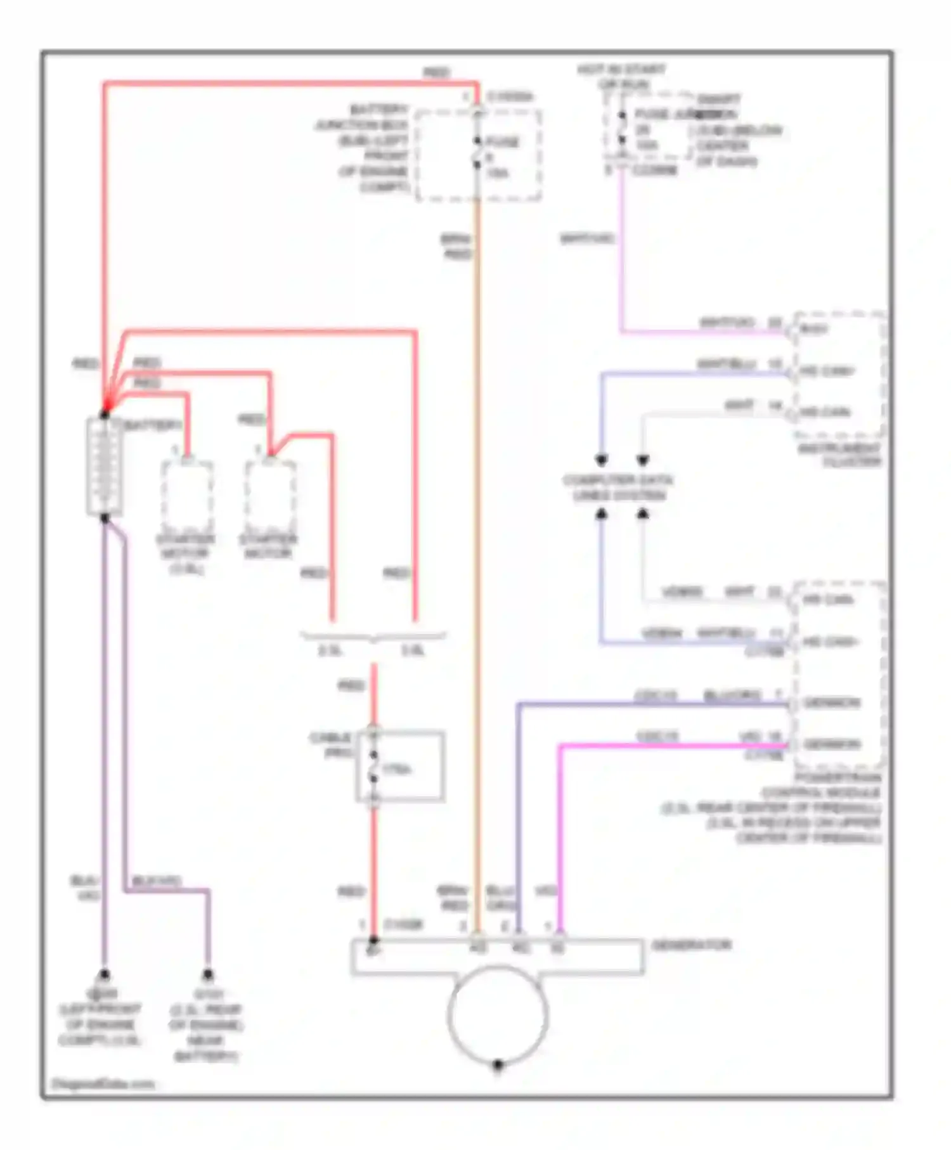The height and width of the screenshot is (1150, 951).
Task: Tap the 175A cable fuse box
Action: (400, 766)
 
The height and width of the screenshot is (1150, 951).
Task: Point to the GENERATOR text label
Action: (692, 945)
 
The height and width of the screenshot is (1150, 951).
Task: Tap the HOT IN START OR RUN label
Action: (621, 76)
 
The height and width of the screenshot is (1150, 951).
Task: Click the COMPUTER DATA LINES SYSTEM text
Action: (618, 487)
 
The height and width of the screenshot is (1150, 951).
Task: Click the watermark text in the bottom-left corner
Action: (103, 1083)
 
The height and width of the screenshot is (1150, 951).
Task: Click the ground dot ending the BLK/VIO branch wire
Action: (207, 974)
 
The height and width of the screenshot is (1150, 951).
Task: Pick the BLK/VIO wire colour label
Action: (157, 881)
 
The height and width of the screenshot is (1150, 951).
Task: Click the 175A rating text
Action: (397, 769)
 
